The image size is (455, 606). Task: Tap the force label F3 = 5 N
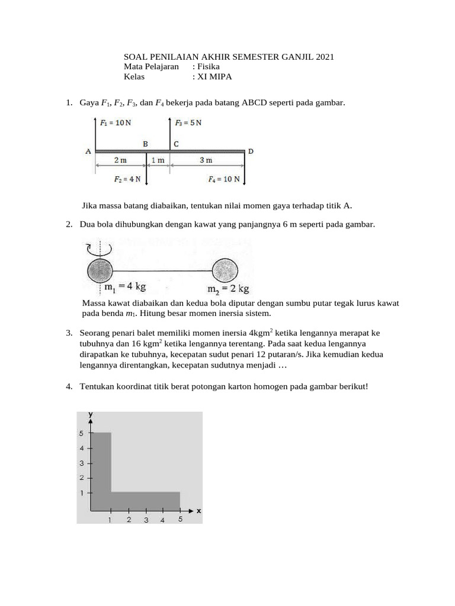point(188,123)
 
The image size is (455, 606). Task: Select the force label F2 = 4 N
point(127,179)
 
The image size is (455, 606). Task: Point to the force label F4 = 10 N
point(224,179)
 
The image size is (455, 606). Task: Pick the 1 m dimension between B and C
point(158,160)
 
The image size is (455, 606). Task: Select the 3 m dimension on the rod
point(206,160)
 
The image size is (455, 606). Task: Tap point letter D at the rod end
point(251,151)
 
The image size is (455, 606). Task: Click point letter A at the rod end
point(88,151)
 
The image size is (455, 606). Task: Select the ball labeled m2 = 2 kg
point(225,271)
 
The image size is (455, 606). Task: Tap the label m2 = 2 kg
point(228,289)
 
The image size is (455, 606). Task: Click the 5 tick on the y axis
point(82,433)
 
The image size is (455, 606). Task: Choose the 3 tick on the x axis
point(146,520)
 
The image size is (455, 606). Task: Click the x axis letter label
point(198,510)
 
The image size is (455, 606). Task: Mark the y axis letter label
point(91,415)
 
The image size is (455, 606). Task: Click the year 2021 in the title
point(325,57)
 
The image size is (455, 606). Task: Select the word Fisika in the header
point(209,67)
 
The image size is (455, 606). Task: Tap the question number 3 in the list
point(69,333)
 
